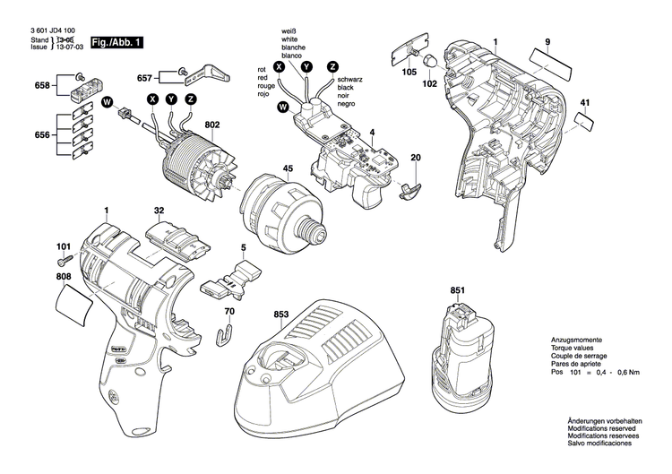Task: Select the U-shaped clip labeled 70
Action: point(227,335)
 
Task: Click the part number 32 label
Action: point(159,211)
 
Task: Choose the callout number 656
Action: point(41,135)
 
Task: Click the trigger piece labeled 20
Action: point(409,187)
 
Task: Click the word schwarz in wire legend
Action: point(352,80)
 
